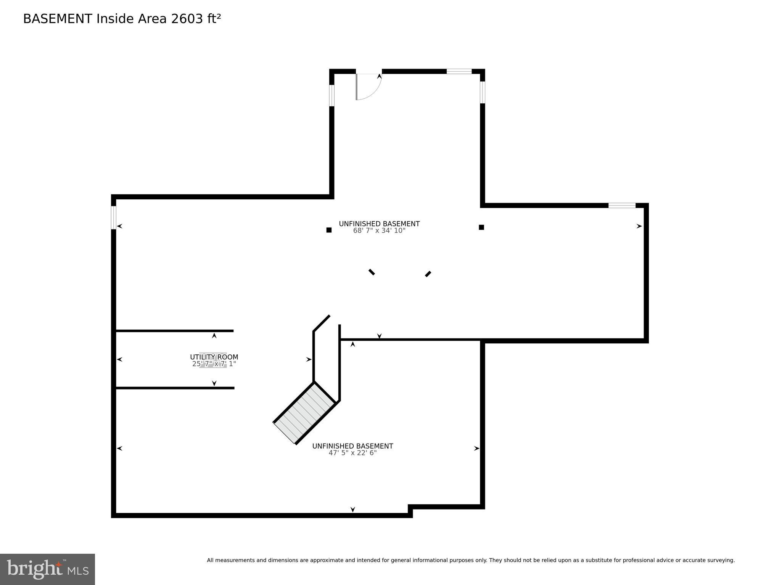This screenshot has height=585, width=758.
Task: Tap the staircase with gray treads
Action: point(304,414)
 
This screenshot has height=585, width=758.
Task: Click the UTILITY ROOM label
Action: point(214,357)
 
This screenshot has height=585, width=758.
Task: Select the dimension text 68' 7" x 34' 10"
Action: point(379,231)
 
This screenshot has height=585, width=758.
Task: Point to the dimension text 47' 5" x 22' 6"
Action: point(352,453)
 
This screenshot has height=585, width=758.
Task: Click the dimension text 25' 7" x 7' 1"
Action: point(214,364)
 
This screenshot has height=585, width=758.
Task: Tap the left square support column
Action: point(329,230)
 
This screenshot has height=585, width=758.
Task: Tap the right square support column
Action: point(481,227)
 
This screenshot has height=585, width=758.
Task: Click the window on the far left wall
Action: point(113,218)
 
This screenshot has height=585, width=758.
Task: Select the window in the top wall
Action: point(459,71)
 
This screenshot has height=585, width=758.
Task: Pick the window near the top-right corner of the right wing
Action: point(621,205)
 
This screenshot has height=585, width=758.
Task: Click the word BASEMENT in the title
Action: point(58,19)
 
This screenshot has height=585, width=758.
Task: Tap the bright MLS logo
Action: point(47,569)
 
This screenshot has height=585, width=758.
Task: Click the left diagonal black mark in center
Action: point(372,272)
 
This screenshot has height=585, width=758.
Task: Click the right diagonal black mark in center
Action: point(428,274)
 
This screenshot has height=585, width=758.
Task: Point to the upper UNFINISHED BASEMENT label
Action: point(379,224)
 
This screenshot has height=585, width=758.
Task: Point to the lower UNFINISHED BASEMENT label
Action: point(352,446)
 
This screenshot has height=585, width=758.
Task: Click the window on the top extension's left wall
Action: point(332,95)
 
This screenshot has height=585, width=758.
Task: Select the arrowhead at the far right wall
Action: point(639,226)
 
